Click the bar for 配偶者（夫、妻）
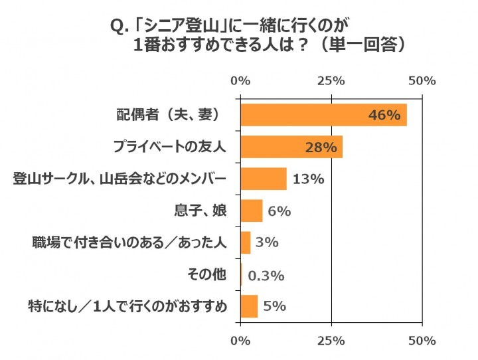(x=323, y=115)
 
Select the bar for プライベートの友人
(x=291, y=147)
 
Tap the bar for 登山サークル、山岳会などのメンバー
(x=264, y=179)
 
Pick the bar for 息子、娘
(x=252, y=211)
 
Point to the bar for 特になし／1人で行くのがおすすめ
(x=249, y=306)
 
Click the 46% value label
(x=384, y=116)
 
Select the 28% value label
(x=321, y=147)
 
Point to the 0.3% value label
(x=266, y=275)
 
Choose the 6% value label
(x=279, y=211)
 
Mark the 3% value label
(x=266, y=243)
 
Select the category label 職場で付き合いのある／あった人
(x=130, y=242)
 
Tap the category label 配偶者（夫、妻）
(x=168, y=115)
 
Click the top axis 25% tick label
(x=331, y=81)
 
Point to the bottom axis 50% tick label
(x=422, y=341)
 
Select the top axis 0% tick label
(x=240, y=81)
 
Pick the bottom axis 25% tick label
(x=331, y=341)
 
